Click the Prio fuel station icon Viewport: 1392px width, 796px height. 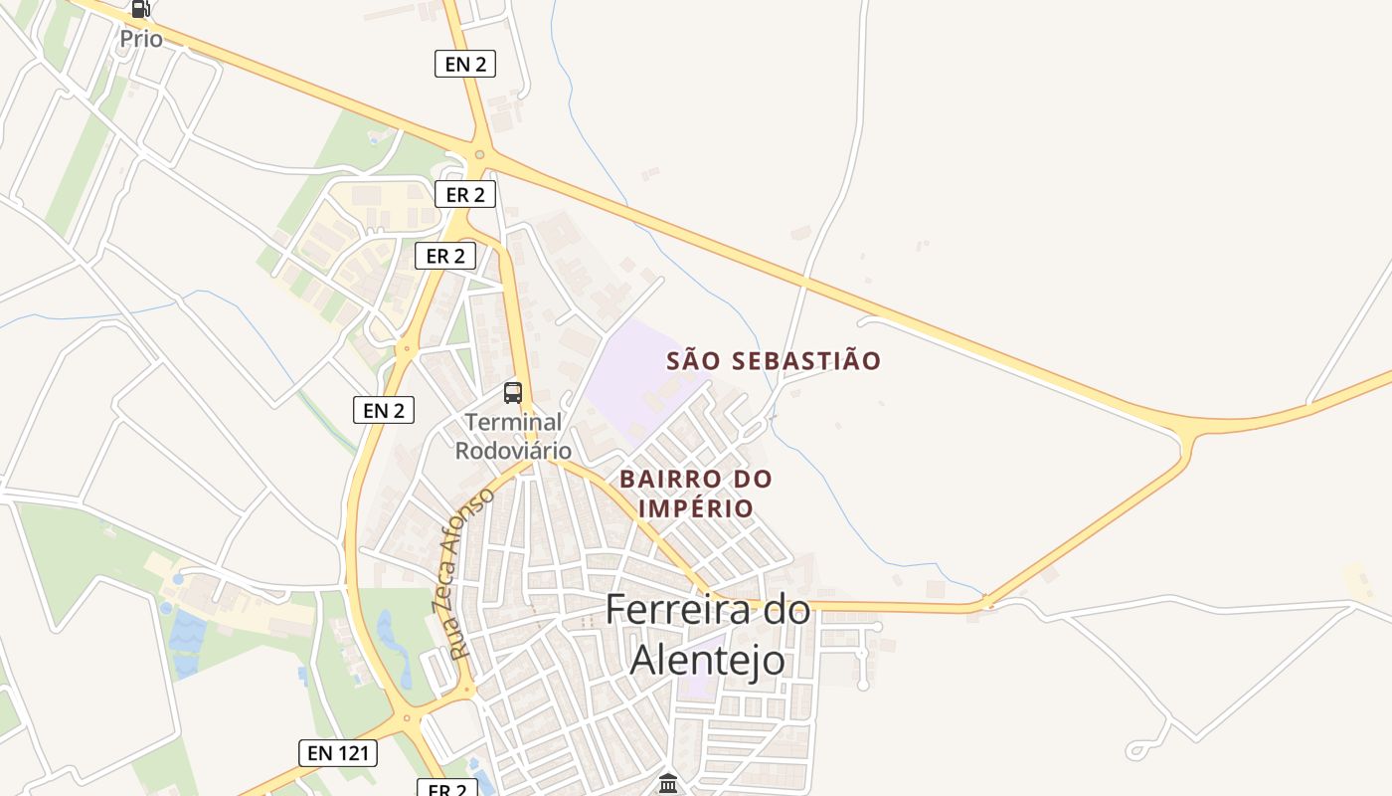[x=140, y=9]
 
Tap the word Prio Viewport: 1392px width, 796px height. [x=140, y=39]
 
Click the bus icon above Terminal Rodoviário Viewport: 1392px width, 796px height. [x=513, y=393]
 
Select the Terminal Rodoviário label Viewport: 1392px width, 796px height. [x=513, y=436]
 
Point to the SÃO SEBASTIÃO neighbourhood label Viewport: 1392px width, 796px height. [x=774, y=360]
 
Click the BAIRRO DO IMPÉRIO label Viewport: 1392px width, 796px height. [x=695, y=493]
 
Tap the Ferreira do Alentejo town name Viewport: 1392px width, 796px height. [x=707, y=634]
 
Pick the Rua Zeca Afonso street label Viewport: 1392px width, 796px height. [x=464, y=573]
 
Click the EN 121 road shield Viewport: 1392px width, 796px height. [x=338, y=753]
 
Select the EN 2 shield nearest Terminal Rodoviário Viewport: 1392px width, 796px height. [x=384, y=409]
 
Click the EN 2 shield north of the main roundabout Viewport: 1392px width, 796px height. [x=465, y=65]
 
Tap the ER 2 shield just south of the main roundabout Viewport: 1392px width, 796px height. [x=465, y=194]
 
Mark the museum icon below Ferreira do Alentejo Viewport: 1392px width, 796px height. [x=668, y=785]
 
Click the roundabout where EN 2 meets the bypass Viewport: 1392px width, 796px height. [x=479, y=154]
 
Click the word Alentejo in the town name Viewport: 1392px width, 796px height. [x=707, y=659]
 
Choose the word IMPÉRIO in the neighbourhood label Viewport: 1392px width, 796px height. [x=695, y=507]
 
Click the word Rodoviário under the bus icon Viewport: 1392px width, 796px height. [x=513, y=450]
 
